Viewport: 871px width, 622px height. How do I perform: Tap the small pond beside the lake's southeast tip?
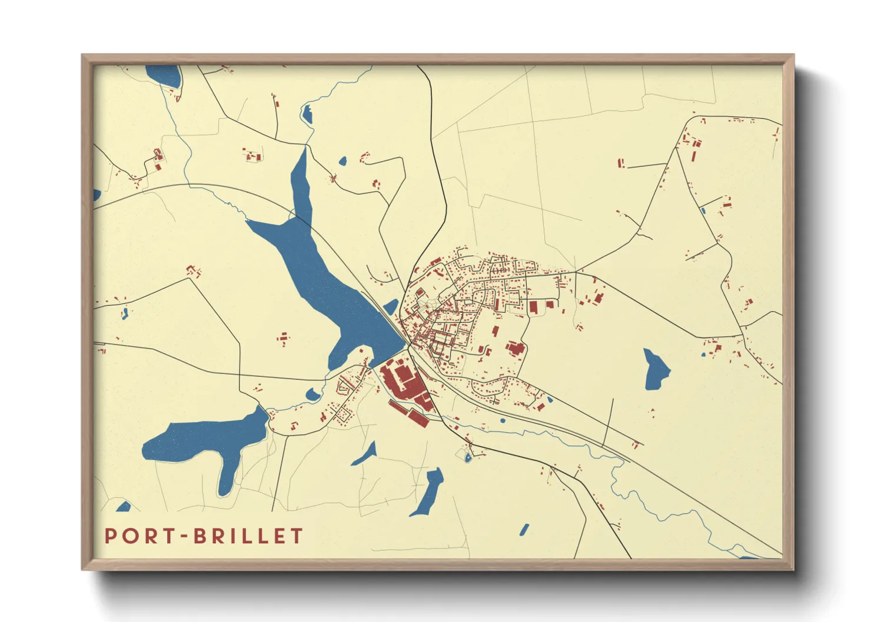point(391,307)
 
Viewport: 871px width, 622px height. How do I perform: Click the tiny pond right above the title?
point(124,507)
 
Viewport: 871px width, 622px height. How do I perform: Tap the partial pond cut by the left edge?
point(97,194)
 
